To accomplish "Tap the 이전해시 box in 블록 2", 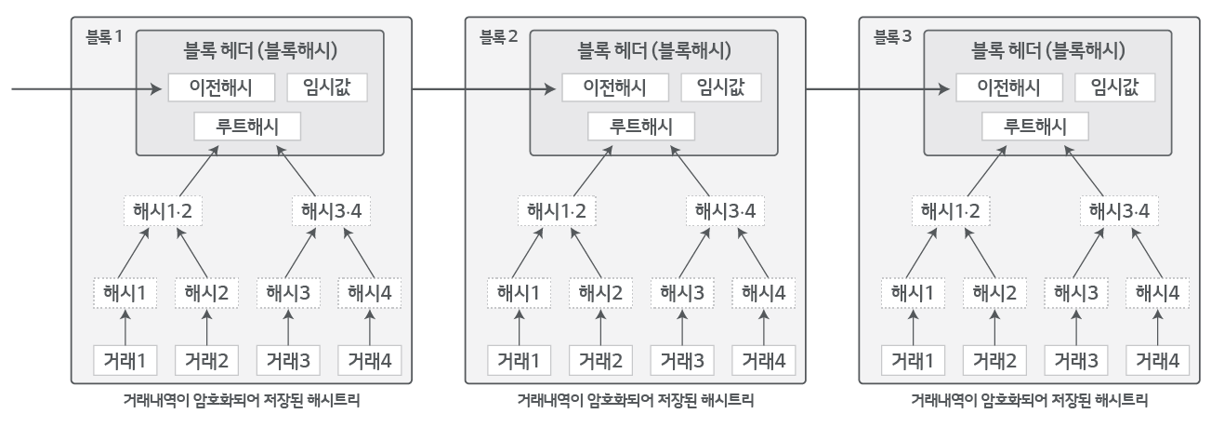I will click(615, 88).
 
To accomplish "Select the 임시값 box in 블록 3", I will click(1115, 88).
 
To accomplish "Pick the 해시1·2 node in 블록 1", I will click(164, 210).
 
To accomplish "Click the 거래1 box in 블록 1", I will click(124, 359).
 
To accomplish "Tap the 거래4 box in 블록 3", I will click(1157, 359).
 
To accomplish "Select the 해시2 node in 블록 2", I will click(599, 293).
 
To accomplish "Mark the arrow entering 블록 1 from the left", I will click(84, 89).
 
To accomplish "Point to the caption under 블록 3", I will click(1030, 402).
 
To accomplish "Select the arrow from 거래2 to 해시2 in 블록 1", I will click(206, 327).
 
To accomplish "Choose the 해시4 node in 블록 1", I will click(370, 293).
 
